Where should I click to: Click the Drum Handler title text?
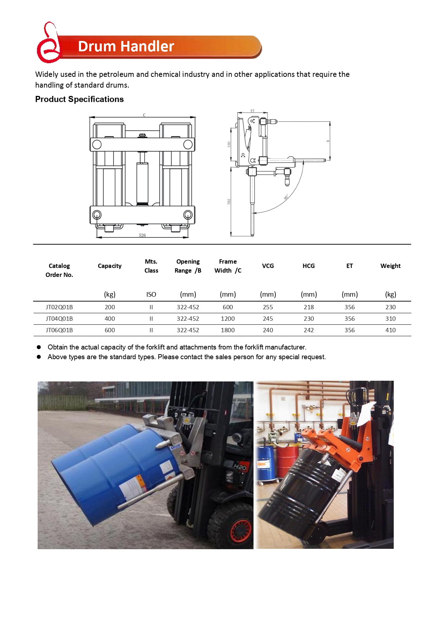tap(126, 46)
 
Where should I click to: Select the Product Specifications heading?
tap(79, 99)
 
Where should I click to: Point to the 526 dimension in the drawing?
tap(142, 235)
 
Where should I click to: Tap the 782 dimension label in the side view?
tap(229, 202)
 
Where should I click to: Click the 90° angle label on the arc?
tap(286, 197)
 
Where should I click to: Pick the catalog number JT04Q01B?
tap(59, 319)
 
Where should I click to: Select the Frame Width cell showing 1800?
tap(228, 330)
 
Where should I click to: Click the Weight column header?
tap(390, 266)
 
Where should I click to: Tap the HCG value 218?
tap(308, 307)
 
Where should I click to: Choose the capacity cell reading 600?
tap(110, 330)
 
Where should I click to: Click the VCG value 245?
tap(268, 319)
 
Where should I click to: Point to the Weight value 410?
tap(390, 330)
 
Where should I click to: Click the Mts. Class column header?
tap(151, 266)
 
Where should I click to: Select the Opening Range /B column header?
tap(188, 266)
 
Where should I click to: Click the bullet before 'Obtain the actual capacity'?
tap(39, 347)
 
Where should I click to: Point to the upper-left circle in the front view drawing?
tap(97, 144)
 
